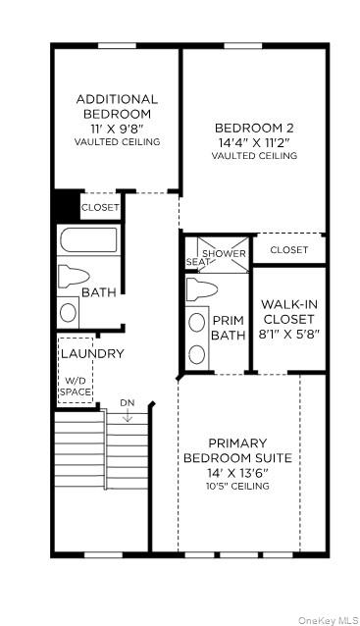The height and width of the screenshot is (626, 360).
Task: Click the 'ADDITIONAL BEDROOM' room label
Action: click(x=117, y=106)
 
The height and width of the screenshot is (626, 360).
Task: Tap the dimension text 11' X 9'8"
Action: click(x=117, y=129)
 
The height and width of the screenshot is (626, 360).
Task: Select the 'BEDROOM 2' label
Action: click(x=254, y=128)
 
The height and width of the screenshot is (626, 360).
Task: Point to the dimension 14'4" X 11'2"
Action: click(x=254, y=141)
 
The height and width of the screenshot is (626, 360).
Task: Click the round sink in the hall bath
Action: click(x=69, y=311)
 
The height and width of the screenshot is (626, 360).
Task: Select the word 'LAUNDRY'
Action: click(x=92, y=353)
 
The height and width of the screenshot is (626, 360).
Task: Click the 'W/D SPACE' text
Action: click(x=77, y=386)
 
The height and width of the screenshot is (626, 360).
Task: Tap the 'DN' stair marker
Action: click(x=128, y=403)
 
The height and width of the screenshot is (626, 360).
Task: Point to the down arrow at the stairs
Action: click(x=128, y=416)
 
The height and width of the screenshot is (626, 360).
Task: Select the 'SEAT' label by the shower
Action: click(x=196, y=262)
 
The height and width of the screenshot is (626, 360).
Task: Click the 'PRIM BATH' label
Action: click(x=228, y=328)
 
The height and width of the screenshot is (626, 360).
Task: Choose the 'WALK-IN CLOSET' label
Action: click(x=288, y=312)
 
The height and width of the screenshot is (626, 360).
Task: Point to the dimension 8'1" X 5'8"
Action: click(x=288, y=334)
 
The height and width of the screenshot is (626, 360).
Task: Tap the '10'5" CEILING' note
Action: click(x=237, y=486)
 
